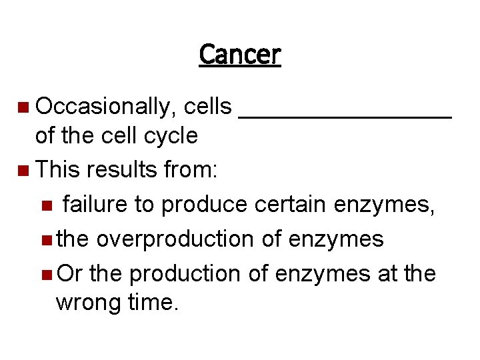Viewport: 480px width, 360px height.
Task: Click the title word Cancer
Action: pos(240,54)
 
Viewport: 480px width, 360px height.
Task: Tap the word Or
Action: pos(70,273)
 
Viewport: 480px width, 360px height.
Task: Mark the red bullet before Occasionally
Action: pos(24,107)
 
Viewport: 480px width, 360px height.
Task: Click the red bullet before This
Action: pos(24,170)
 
